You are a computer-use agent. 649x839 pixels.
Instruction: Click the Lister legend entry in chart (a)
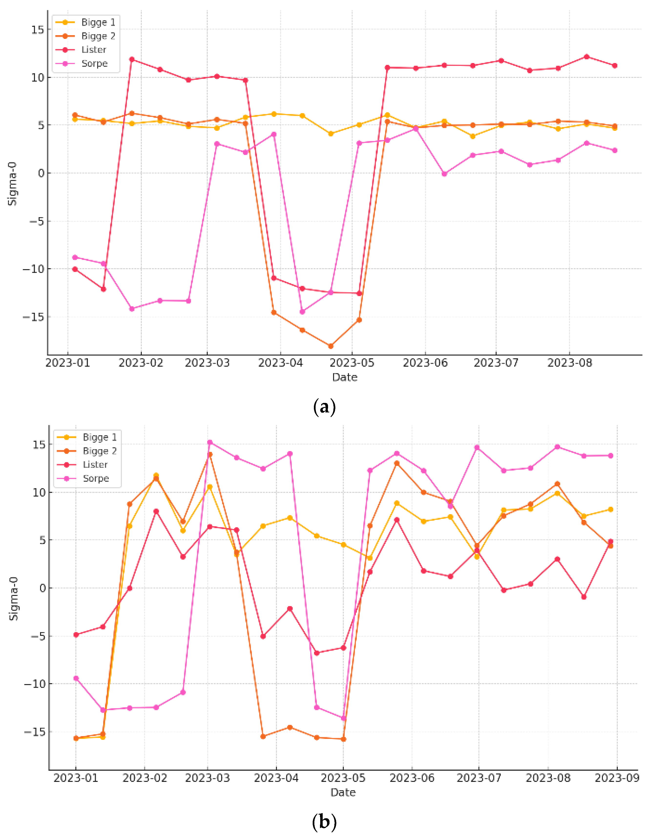pos(93,50)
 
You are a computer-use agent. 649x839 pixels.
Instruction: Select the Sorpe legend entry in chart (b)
pos(96,478)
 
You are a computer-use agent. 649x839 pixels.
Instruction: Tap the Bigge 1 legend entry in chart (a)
pos(98,22)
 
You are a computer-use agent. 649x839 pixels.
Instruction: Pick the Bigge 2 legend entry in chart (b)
pos(100,451)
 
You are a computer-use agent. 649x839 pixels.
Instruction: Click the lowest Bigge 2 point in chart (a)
pos(330,346)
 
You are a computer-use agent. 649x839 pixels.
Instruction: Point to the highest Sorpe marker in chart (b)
pos(210,442)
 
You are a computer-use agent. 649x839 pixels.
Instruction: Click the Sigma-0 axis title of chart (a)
pos(13,184)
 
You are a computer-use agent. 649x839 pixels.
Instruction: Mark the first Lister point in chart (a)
pos(75,269)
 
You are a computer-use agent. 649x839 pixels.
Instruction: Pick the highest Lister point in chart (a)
pos(586,56)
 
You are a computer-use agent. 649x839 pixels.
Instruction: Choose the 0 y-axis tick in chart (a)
pos(41,173)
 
